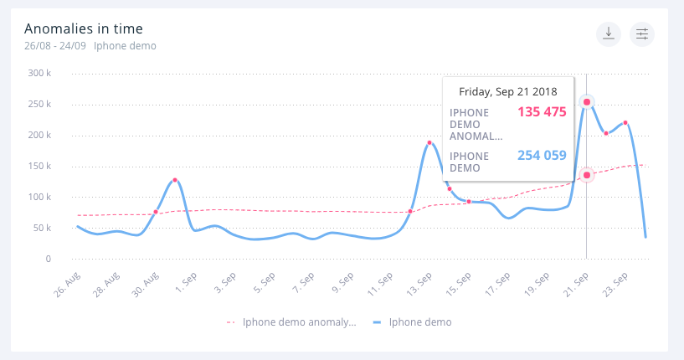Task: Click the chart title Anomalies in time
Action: tap(84, 29)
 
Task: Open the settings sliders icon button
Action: tap(642, 34)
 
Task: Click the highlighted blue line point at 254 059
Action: tap(587, 102)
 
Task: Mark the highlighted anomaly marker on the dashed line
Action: tap(587, 175)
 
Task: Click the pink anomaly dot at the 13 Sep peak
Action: tap(429, 142)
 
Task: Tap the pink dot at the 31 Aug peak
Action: tap(175, 180)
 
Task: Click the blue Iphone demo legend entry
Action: tap(414, 321)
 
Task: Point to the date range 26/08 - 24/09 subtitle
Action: tap(55, 46)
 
